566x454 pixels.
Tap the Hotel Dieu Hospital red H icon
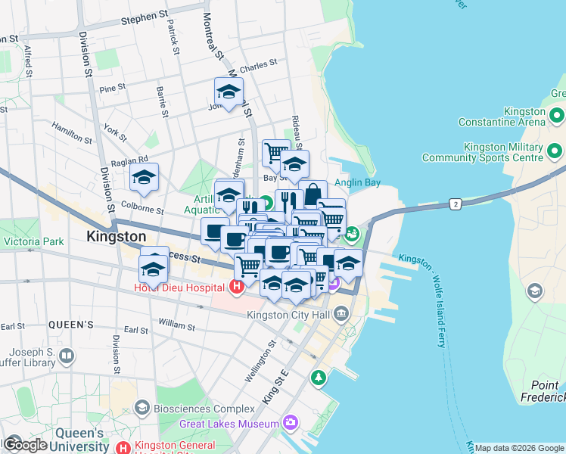click(236, 287)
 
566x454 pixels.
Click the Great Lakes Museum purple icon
click(291, 423)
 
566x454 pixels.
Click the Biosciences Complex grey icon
click(141, 409)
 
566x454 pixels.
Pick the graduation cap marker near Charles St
click(229, 92)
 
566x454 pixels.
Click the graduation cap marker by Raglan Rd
click(144, 178)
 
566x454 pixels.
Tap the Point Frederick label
click(543, 391)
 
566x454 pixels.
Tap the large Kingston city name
click(117, 236)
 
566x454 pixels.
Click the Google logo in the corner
click(24, 445)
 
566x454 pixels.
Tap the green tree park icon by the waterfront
click(319, 377)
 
